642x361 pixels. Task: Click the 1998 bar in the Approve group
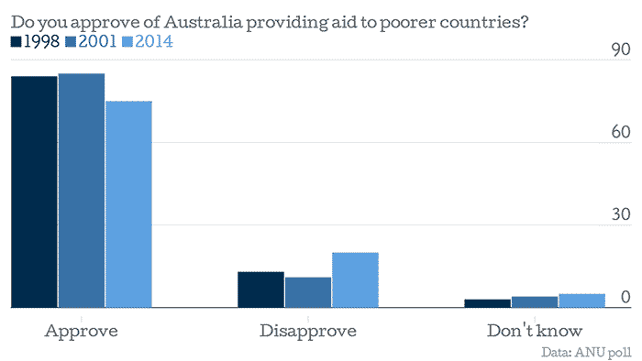tap(34, 191)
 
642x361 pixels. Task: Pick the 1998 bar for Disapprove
tap(260, 290)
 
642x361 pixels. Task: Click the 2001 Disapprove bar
tap(307, 292)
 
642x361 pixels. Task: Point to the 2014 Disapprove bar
tap(355, 279)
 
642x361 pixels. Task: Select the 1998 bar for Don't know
tap(487, 303)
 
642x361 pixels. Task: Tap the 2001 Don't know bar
tap(534, 302)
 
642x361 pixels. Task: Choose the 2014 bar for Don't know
tap(581, 301)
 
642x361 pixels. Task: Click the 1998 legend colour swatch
tap(16, 41)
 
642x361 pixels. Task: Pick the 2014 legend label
tap(153, 41)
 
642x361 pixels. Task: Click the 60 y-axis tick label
tap(620, 133)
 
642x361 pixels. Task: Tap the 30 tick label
tap(620, 215)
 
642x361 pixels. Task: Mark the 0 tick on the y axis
tap(625, 298)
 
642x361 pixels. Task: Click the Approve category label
tap(81, 329)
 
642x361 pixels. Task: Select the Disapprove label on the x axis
tap(307, 329)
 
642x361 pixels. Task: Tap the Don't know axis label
tap(534, 329)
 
